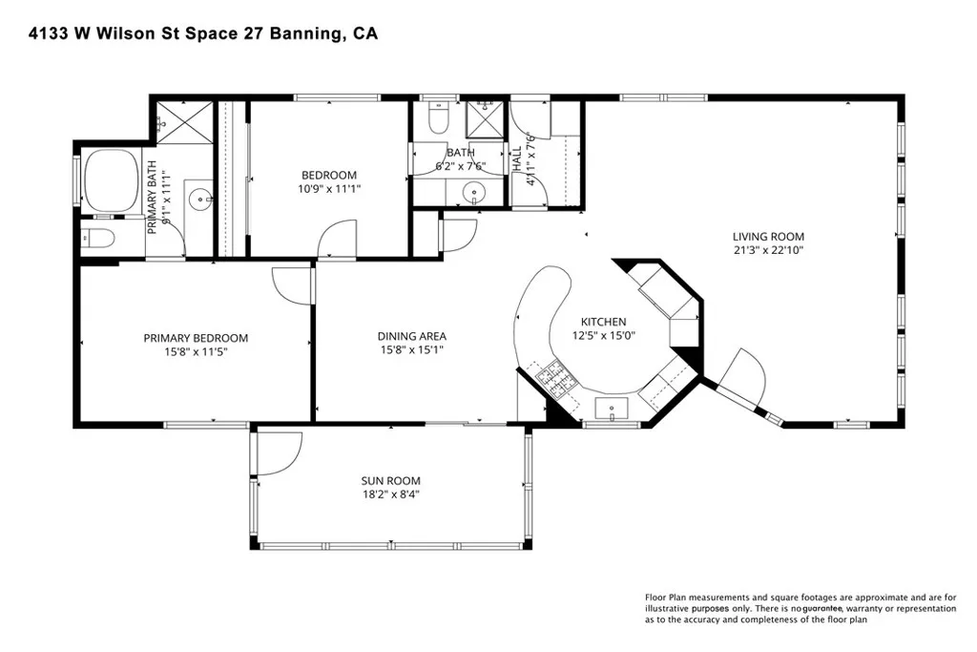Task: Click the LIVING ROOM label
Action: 768,236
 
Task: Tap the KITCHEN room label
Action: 603,322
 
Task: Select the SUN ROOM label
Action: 390,480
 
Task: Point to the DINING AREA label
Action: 412,336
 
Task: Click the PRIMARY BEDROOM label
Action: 196,338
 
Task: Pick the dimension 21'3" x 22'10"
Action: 768,250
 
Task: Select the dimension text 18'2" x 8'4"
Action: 390,494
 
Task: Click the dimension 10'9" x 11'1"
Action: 329,189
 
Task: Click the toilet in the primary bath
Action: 98,239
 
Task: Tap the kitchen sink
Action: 612,409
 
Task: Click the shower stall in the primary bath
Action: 184,123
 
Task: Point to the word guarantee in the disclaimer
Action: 822,609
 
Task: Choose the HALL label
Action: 516,158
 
